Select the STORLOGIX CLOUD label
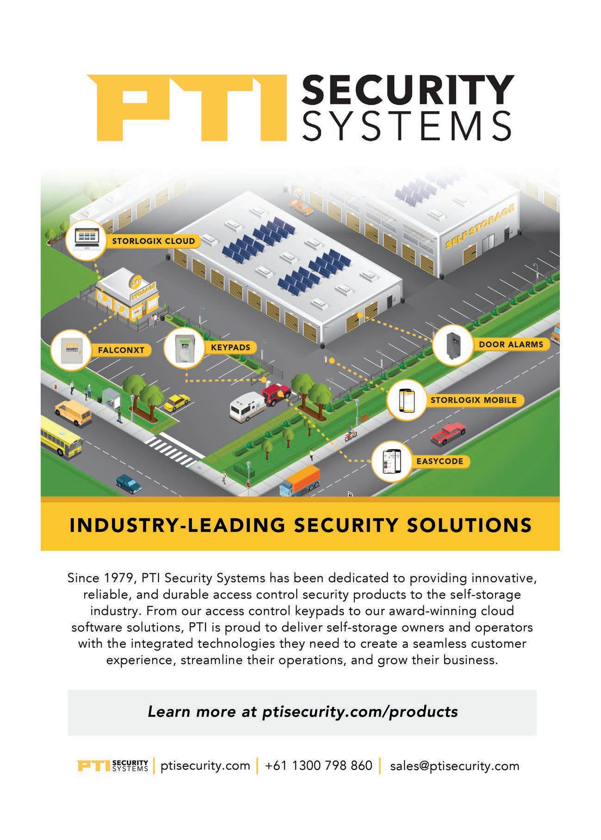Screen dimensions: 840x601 [153, 241]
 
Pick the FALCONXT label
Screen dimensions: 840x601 [121, 350]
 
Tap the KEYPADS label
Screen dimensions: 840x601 [230, 347]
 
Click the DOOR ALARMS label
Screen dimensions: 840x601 [511, 344]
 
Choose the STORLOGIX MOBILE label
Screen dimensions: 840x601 [473, 400]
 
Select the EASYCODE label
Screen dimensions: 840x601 [439, 461]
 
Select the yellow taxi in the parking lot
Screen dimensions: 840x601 [176, 402]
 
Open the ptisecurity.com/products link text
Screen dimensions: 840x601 [359, 711]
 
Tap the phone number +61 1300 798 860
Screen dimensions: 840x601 [318, 765]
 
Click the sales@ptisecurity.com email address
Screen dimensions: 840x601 [454, 765]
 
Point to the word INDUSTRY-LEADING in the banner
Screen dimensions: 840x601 [177, 525]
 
